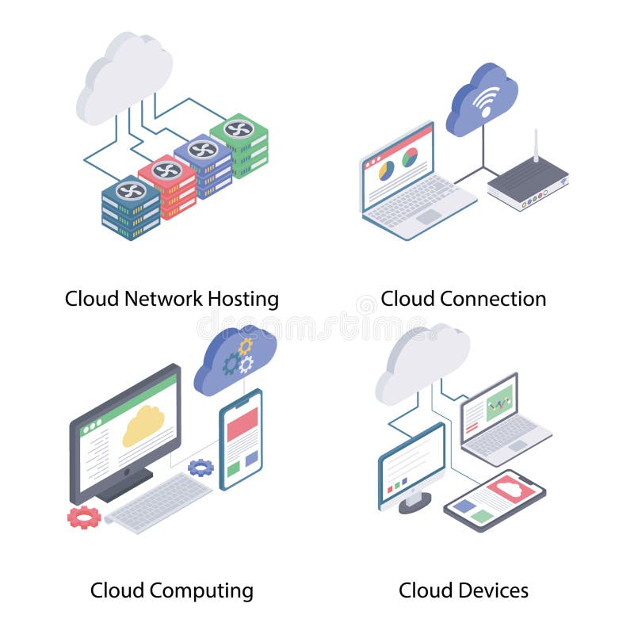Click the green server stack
[240, 147]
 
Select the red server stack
[168, 187]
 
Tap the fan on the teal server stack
[131, 191]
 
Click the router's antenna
[536, 146]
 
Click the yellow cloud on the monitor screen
[143, 425]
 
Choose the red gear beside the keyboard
[82, 518]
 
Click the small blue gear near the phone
[201, 468]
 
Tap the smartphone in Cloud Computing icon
[241, 439]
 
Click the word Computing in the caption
[201, 590]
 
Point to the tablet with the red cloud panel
[495, 500]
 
